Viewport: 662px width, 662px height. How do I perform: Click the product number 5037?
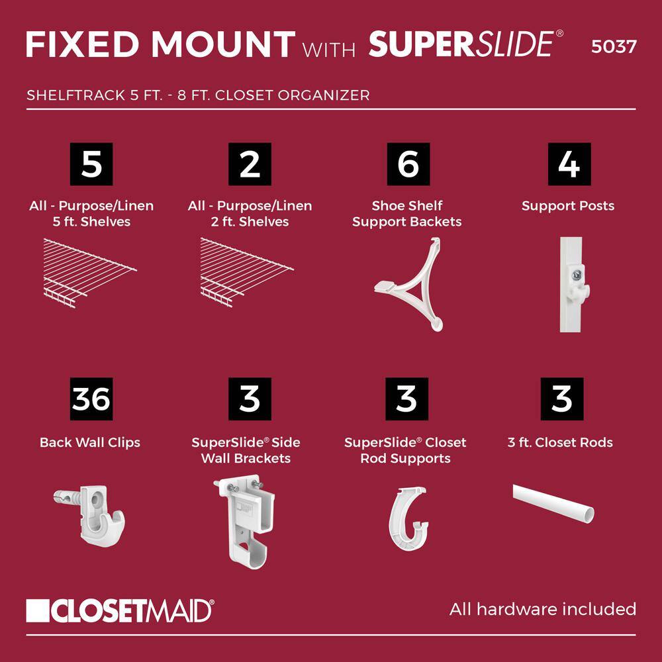coord(614,46)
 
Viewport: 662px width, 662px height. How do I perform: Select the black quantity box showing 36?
coord(91,399)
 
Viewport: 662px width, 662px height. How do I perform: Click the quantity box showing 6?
coord(408,164)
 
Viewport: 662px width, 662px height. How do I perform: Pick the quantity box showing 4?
coord(569,164)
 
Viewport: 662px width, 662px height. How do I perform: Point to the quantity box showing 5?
coord(91,164)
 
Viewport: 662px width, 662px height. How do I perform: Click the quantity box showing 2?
coord(250,164)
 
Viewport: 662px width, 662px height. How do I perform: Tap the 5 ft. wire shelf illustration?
coord(89,273)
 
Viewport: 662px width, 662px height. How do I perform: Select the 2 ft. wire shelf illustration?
coord(247,272)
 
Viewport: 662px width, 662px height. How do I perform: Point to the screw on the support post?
coord(577,275)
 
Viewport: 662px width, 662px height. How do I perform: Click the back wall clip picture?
coord(89,515)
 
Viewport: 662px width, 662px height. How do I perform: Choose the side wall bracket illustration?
coord(245,522)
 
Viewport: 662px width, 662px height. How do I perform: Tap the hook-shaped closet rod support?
coord(407,518)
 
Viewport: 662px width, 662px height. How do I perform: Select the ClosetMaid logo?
coord(120,610)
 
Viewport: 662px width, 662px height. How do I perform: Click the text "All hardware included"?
coord(543,609)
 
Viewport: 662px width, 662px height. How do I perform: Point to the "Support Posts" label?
coord(568,206)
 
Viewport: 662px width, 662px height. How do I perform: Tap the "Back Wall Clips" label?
coord(90,442)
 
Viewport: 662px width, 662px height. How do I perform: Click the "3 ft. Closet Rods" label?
coord(560,442)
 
